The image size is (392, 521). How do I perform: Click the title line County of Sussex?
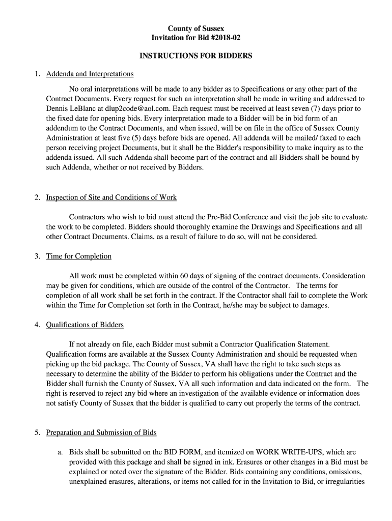pyautogui.click(x=196, y=28)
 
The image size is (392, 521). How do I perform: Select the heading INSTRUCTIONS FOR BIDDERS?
pyautogui.click(x=196, y=56)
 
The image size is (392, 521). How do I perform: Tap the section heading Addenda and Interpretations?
pyautogui.click(x=90, y=74)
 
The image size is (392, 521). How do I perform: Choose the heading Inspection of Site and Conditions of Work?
pyautogui.click(x=111, y=197)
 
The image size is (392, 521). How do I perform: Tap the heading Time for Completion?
pyautogui.click(x=78, y=256)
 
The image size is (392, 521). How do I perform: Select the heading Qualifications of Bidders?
pyautogui.click(x=85, y=325)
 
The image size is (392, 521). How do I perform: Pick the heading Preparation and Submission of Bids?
pyautogui.click(x=101, y=433)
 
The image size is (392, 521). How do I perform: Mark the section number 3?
pyautogui.click(x=38, y=256)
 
